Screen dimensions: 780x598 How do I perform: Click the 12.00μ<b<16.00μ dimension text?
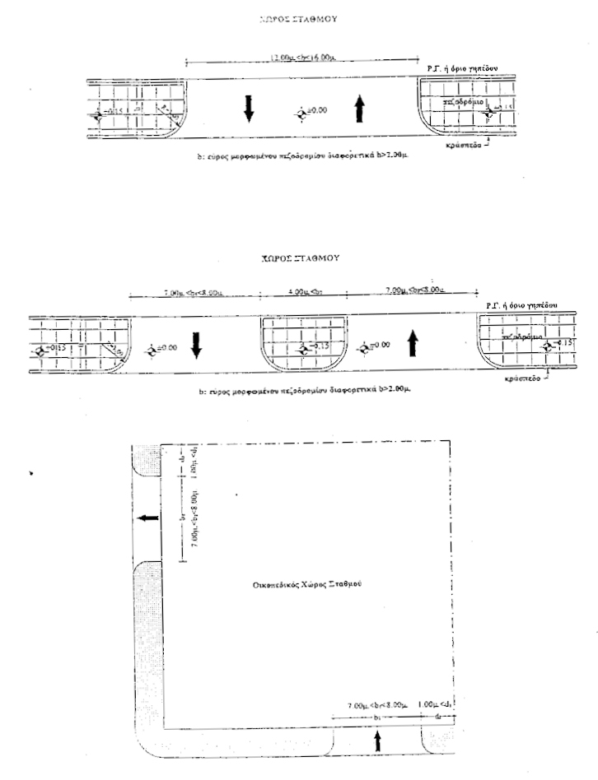pyautogui.click(x=304, y=58)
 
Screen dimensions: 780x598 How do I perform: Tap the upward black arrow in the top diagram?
pyautogui.click(x=359, y=108)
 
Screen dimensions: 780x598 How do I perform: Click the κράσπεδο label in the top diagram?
pyautogui.click(x=466, y=141)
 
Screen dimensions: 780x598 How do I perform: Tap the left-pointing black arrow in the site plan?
pyautogui.click(x=149, y=518)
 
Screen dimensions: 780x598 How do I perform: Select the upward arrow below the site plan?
pyautogui.click(x=378, y=741)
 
